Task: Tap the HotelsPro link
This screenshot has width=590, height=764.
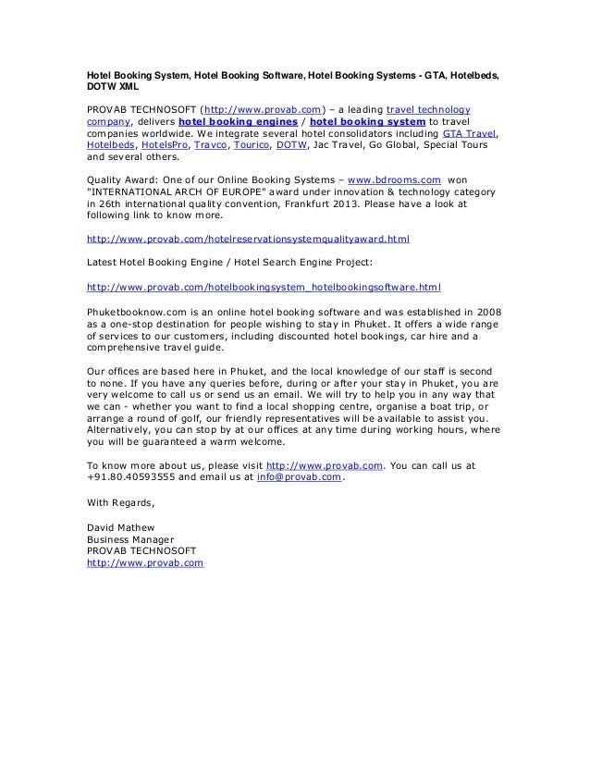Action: [162, 146]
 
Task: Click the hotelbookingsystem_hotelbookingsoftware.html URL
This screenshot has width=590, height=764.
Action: [264, 286]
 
